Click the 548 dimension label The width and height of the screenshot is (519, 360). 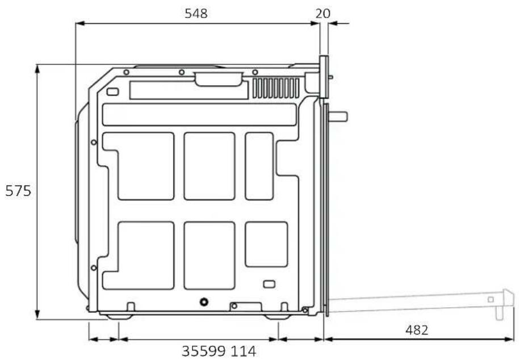point(196,13)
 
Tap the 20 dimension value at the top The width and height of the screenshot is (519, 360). point(323,13)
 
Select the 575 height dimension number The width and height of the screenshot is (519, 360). point(18,191)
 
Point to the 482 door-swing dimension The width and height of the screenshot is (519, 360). point(417,330)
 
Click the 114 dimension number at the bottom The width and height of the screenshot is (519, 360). point(243,351)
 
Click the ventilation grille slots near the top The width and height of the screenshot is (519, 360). point(276,88)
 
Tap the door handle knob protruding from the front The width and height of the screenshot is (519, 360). point(337,116)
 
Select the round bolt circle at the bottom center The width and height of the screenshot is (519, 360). point(204,302)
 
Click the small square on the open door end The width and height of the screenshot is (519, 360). point(491,299)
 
